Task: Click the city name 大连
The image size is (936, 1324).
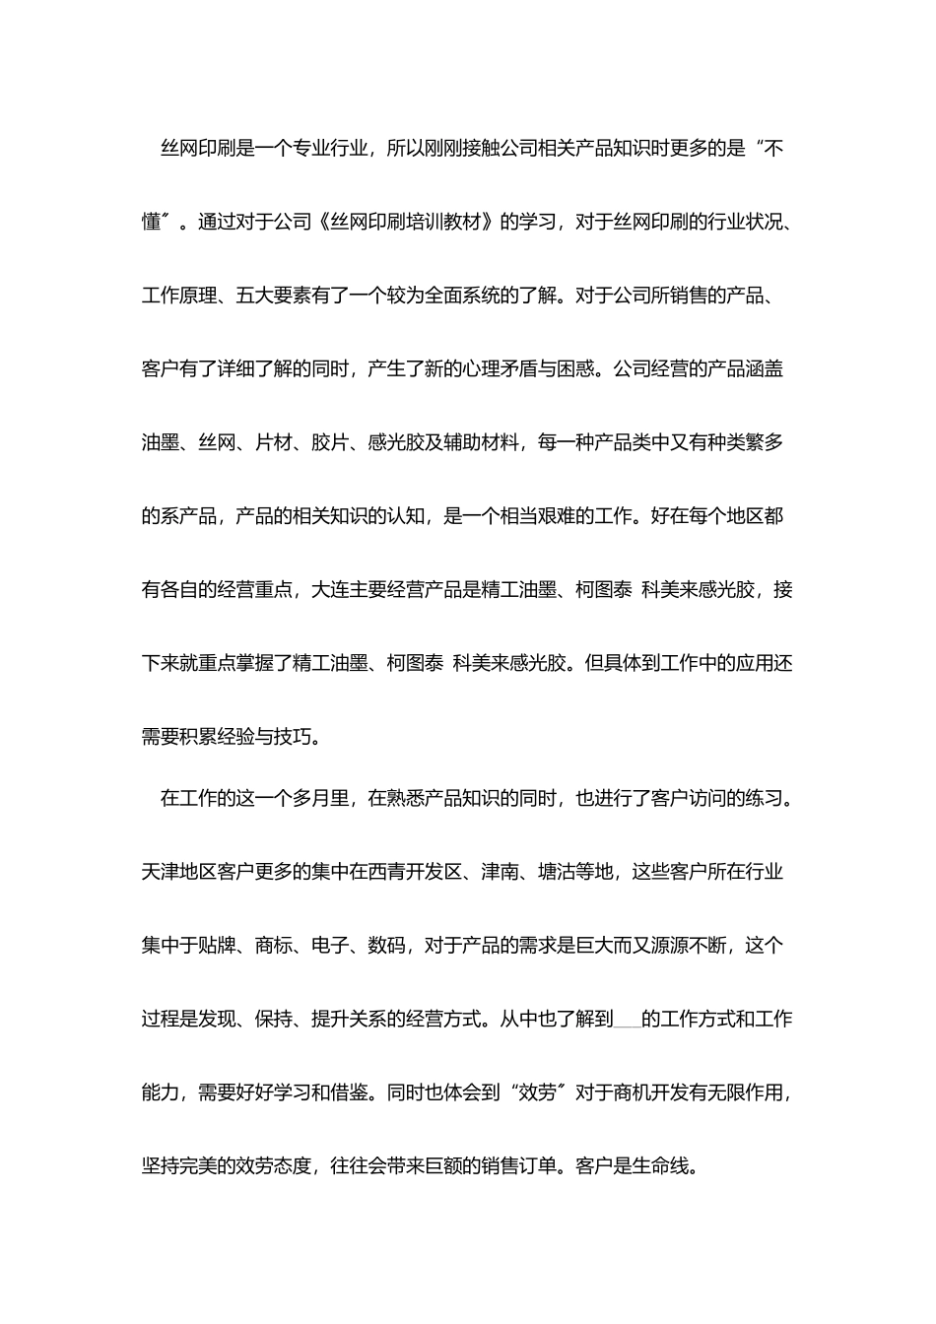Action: click(329, 590)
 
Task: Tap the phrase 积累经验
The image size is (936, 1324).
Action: click(217, 737)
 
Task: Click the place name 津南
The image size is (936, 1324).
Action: click(501, 872)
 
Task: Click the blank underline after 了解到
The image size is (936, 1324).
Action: click(627, 1021)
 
